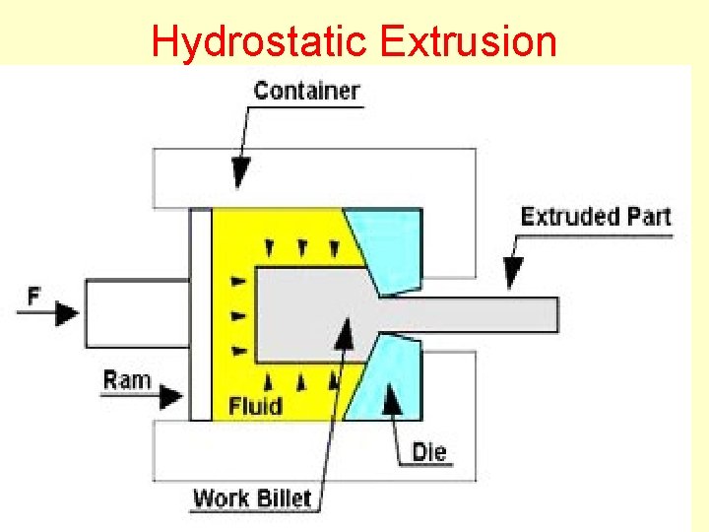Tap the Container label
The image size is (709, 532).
pyautogui.click(x=306, y=91)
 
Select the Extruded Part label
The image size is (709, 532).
pyautogui.click(x=595, y=217)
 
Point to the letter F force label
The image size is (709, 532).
pyautogui.click(x=33, y=294)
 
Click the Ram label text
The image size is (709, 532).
pyautogui.click(x=127, y=378)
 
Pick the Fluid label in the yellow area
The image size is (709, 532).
pyautogui.click(x=255, y=405)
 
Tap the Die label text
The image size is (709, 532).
pyautogui.click(x=428, y=452)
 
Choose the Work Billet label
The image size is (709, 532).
pyautogui.click(x=251, y=498)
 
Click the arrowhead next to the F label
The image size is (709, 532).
pyautogui.click(x=67, y=314)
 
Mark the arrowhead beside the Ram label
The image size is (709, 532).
pyautogui.click(x=170, y=396)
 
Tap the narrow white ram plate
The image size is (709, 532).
pyautogui.click(x=201, y=314)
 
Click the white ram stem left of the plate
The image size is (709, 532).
pyautogui.click(x=138, y=314)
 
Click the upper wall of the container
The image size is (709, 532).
pyautogui.click(x=315, y=177)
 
